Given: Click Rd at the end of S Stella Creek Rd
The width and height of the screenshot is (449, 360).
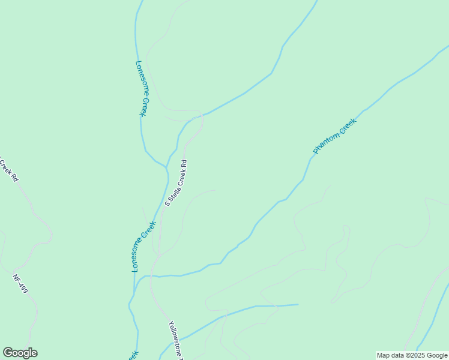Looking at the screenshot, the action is [184, 163].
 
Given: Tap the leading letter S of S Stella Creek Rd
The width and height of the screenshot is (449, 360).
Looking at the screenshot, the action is [167, 204].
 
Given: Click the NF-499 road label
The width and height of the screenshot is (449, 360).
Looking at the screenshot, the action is [20, 284].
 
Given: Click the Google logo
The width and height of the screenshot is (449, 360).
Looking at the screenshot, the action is [20, 353].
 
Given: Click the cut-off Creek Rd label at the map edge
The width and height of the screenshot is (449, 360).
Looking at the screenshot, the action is [8, 169].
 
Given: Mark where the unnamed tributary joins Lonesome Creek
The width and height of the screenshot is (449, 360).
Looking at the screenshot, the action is [167, 170].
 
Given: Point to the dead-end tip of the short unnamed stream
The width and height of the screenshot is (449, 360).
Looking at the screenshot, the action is [298, 304].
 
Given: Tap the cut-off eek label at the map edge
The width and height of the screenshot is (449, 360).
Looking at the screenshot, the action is [133, 355].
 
